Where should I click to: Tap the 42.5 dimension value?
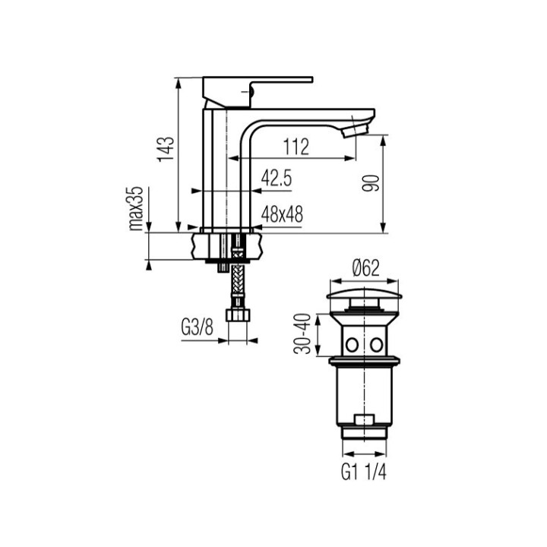(x=277, y=178)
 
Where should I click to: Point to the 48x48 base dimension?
(x=282, y=215)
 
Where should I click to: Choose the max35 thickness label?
(x=136, y=208)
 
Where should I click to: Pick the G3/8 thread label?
(x=196, y=327)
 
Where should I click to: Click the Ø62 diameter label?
(x=365, y=268)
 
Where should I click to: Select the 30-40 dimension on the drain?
(x=303, y=335)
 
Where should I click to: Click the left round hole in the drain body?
(x=351, y=344)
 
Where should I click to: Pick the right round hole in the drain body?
(x=376, y=344)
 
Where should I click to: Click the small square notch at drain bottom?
(x=364, y=419)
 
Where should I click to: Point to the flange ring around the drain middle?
(x=364, y=357)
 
